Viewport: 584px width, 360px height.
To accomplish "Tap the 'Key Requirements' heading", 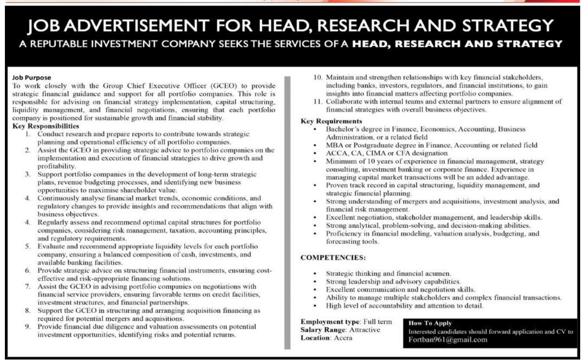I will pyautogui.click(x=330, y=121).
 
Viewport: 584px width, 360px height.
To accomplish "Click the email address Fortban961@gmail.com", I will pyautogui.click(x=448, y=340).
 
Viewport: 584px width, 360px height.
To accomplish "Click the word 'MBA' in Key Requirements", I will pyautogui.click(x=334, y=145).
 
